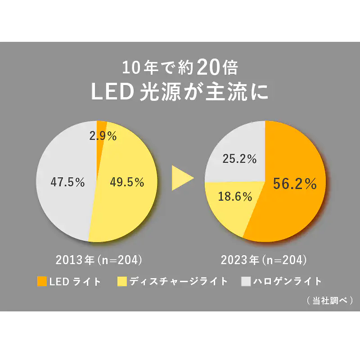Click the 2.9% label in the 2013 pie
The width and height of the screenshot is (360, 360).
pos(103,136)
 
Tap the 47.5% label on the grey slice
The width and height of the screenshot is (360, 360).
pos(67,182)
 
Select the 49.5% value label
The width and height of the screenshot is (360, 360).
pos(127,182)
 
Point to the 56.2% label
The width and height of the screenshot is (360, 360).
pos(295,184)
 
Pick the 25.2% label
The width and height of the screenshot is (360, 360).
pos(240,158)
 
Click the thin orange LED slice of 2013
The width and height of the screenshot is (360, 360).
pos(101,126)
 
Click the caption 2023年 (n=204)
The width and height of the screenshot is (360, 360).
pos(264,260)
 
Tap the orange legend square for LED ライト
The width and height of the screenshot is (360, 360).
pos(42,282)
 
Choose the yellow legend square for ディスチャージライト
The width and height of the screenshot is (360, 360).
pos(122,282)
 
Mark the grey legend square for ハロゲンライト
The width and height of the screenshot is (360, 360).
pos(246,282)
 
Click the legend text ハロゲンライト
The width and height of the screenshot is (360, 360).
pos(287,282)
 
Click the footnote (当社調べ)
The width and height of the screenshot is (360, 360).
pos(329,300)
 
